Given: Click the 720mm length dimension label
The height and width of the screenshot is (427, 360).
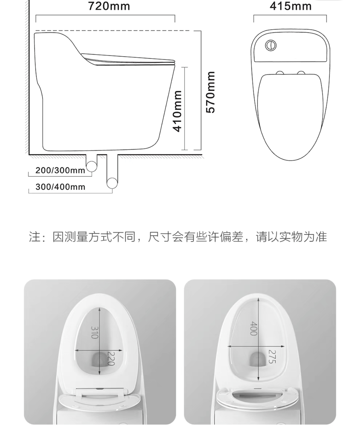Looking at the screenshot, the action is (109, 6).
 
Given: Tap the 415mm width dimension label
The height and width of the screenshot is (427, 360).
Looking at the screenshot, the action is (291, 6).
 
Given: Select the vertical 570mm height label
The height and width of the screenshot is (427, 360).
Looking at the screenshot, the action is (210, 92).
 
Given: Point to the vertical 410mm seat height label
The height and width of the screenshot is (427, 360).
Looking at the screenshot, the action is (177, 112).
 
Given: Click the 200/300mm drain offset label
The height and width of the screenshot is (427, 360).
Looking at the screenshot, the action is (60, 170).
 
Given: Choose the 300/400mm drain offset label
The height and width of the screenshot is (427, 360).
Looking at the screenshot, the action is (60, 187).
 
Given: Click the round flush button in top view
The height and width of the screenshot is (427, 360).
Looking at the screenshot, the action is (271, 45).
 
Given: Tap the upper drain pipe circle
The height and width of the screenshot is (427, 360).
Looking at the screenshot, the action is (91, 166).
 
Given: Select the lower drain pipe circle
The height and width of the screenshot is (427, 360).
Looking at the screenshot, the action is (112, 183).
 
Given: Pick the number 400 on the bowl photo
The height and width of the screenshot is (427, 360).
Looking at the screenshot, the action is (254, 329).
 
